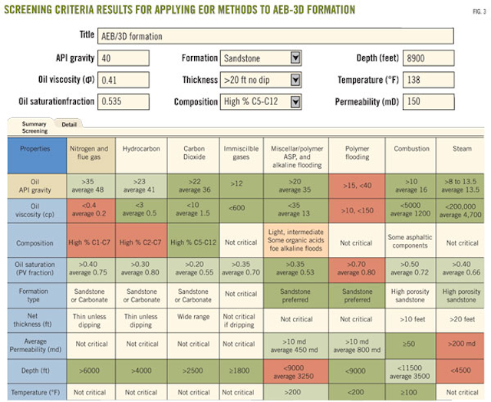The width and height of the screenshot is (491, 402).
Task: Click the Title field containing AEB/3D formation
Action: [x=291, y=35]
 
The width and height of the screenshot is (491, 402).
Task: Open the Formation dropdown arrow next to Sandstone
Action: [x=295, y=58]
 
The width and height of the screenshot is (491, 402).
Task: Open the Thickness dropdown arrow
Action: [x=295, y=79]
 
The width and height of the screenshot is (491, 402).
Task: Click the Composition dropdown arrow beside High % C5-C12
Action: [x=295, y=100]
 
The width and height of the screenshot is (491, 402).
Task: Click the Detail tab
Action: [x=69, y=124]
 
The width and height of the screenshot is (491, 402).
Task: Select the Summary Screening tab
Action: [x=35, y=127]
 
